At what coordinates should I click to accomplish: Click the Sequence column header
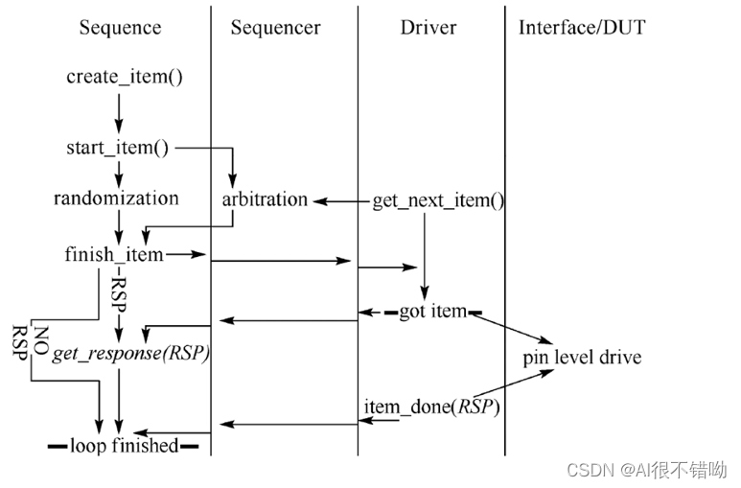pos(119,27)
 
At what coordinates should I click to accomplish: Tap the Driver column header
pos(428,27)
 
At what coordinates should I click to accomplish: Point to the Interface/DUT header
pos(582,27)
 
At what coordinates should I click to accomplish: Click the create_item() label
pos(125,76)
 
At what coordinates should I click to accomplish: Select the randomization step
pos(116,199)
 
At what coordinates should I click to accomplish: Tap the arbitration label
pos(265,200)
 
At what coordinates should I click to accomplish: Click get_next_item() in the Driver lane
pos(438,201)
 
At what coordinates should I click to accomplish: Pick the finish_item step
pos(114,254)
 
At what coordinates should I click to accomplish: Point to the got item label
pos(433,312)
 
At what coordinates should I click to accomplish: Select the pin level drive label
pos(582,358)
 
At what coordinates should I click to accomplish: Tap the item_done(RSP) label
pos(431,407)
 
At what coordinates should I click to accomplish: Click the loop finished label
pos(124,445)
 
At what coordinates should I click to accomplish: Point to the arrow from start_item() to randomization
pos(119,173)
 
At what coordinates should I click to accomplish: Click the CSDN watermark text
pos(646,470)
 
